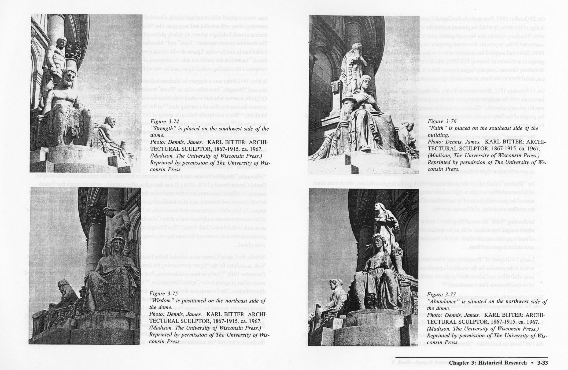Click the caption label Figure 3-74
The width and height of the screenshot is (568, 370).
point(164,122)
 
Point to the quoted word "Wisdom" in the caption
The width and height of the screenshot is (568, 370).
point(162,301)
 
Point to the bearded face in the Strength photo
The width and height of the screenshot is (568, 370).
point(68,76)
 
